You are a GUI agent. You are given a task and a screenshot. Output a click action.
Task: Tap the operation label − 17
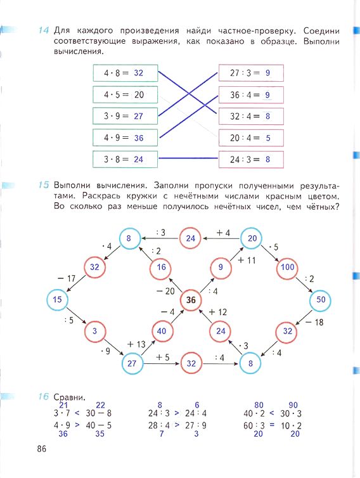click(x=66, y=279)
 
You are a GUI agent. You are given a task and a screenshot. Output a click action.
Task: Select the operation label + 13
click(x=136, y=344)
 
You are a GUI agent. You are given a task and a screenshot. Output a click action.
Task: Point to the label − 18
click(x=314, y=322)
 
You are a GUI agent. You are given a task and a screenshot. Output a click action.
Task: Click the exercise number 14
click(x=44, y=30)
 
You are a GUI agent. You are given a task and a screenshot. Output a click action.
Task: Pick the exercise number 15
click(x=44, y=185)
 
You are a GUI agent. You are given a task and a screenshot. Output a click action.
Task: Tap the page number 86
click(x=42, y=449)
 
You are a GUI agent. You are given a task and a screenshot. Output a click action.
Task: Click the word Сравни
click(x=70, y=397)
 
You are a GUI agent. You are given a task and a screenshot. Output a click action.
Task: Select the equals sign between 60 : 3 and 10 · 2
click(x=272, y=425)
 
